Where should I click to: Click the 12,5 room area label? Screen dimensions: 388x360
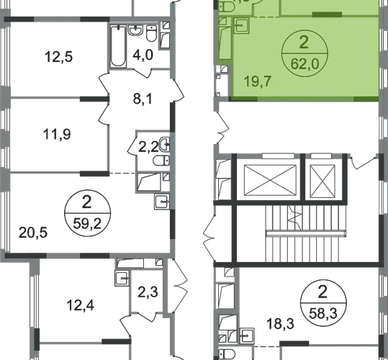pos(58,57)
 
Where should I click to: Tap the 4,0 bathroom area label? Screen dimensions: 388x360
pos(143,55)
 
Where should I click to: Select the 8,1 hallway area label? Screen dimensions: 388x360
pos(143,99)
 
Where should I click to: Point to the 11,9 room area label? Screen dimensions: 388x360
pos(57,135)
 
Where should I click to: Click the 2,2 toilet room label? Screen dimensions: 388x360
pos(148,148)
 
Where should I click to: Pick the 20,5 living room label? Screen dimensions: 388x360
pos(33,233)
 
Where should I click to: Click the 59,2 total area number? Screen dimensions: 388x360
pos(87,224)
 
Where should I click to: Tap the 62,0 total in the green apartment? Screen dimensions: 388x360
pos(305,64)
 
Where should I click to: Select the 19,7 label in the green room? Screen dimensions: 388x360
pos(258,81)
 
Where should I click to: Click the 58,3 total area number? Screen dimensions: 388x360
pos(323,314)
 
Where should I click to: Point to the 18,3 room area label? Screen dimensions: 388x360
pos(280,324)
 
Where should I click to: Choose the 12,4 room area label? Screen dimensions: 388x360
pos(81,305)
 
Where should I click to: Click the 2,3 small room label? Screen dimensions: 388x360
pos(148,292)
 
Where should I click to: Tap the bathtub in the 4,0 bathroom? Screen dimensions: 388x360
pos(118,46)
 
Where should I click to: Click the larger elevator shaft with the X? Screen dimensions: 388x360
pos(270,180)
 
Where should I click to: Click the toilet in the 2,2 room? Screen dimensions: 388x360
pos(161,161)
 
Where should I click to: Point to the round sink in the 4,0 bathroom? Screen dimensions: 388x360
pos(135,30)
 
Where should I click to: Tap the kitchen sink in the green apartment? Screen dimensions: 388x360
pos(241,25)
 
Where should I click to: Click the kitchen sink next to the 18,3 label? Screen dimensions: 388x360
pos(246,336)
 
